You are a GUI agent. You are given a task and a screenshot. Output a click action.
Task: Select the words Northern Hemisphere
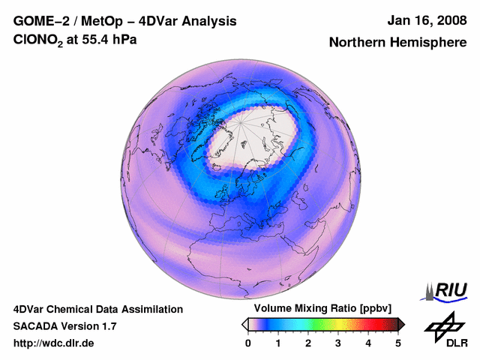pos(397,43)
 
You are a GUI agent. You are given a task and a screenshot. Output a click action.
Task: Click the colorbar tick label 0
pos(248,343)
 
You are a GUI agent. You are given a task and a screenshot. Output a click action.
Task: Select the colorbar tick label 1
pos(278,343)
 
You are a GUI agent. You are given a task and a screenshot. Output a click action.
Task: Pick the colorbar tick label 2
pos(308,343)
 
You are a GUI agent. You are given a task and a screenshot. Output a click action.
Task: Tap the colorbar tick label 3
pos(338,343)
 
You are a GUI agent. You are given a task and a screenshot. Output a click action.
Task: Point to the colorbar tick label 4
pos(368,343)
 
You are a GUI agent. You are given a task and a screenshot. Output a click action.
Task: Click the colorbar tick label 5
pos(398,343)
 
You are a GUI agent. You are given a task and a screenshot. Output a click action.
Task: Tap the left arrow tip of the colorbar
pos(244,324)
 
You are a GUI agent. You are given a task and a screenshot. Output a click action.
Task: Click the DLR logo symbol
pos(442,325)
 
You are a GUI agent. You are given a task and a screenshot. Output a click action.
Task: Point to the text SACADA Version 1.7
pos(64,326)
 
